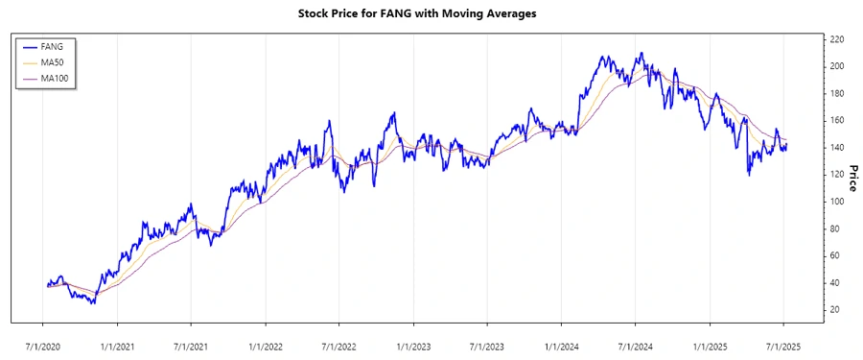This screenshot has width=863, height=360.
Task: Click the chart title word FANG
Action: click(x=396, y=14)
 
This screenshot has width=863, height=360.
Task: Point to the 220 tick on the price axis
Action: click(x=836, y=39)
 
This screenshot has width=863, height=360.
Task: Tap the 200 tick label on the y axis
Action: click(x=836, y=66)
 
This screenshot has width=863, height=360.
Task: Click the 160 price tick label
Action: click(x=836, y=120)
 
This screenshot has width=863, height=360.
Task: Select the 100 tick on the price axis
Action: click(x=836, y=202)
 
